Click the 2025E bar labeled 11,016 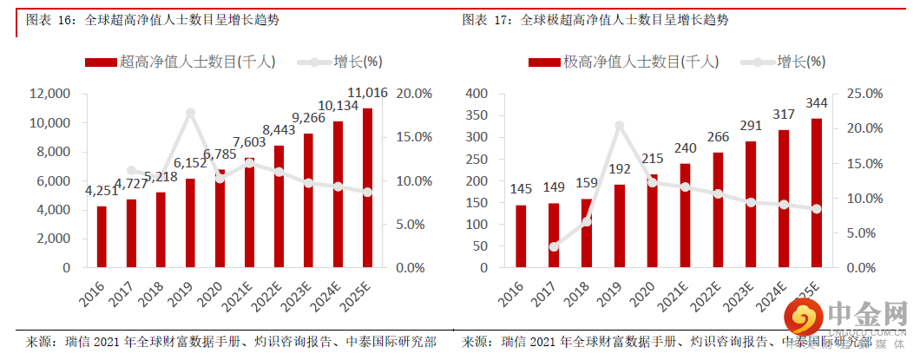tap(367, 187)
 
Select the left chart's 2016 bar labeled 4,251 tap(102, 236)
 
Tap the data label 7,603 tap(249, 142)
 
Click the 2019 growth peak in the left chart tap(190, 113)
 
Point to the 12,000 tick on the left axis tap(49, 94)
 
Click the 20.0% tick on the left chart tap(414, 94)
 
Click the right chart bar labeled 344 tap(817, 192)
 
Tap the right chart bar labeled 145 tap(521, 236)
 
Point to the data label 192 tap(620, 170)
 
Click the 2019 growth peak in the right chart tap(620, 126)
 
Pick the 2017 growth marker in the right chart tap(554, 247)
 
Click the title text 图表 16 tap(49, 19)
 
